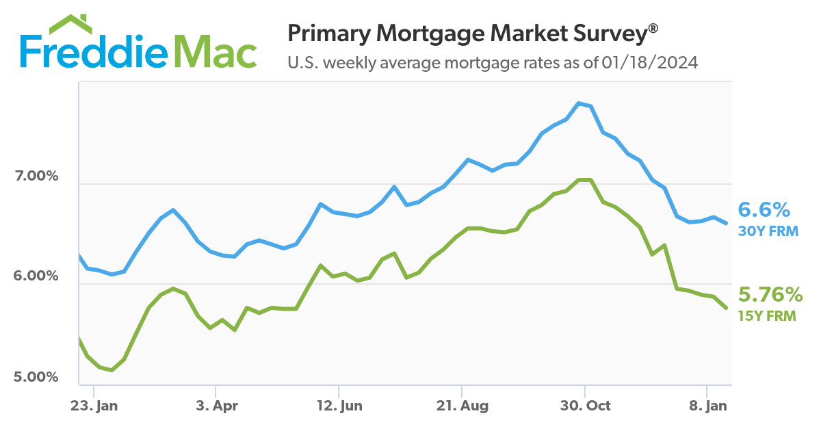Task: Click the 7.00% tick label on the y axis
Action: coord(36,177)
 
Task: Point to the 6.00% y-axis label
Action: coord(36,277)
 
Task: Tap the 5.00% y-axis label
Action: coord(36,378)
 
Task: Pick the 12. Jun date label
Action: coord(339,406)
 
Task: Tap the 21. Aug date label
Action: coord(462,406)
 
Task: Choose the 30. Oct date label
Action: coord(585,406)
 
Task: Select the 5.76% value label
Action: coord(770,295)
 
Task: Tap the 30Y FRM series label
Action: coord(768,231)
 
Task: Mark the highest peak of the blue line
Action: coord(579,103)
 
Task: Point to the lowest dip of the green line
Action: coord(112,370)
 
